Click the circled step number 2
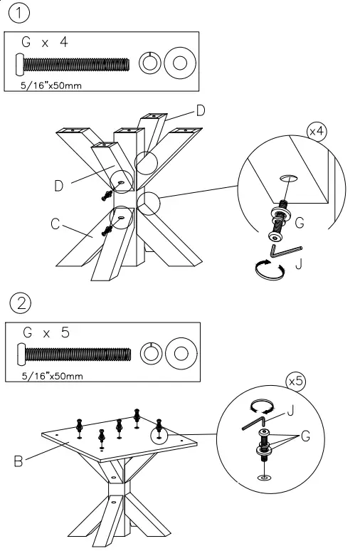pyautogui.click(x=21, y=303)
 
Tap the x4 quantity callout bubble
pyautogui.click(x=317, y=132)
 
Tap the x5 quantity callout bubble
pyautogui.click(x=296, y=382)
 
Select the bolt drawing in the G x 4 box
pyautogui.click(x=73, y=64)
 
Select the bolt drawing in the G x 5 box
pyautogui.click(x=74, y=355)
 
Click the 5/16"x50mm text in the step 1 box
pyautogui.click(x=51, y=85)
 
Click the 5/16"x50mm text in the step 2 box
pyautogui.click(x=53, y=376)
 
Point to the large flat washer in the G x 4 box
pyautogui.click(x=180, y=63)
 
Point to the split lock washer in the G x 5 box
pyautogui.click(x=151, y=353)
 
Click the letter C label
pyautogui.click(x=55, y=224)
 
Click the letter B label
pyautogui.click(x=18, y=461)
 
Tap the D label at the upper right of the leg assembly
pyautogui.click(x=201, y=110)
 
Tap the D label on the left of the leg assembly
pyautogui.click(x=59, y=186)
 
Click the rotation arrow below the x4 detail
pyautogui.click(x=270, y=270)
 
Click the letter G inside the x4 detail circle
pyautogui.click(x=300, y=223)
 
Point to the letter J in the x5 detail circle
pyautogui.click(x=290, y=410)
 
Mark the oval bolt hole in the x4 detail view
pyautogui.click(x=289, y=178)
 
